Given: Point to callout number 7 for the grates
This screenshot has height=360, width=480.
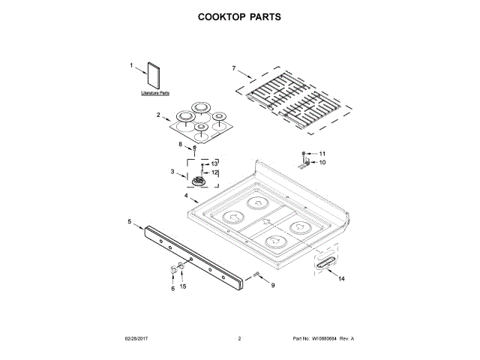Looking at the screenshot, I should tap(233, 69).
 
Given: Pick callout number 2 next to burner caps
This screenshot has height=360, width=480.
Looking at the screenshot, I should tap(158, 115).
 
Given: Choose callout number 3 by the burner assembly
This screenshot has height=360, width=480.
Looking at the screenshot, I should tap(172, 172).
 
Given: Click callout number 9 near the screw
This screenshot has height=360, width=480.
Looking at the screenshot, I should tap(272, 285).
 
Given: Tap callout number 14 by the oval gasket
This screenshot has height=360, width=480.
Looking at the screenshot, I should tap(341, 279).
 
